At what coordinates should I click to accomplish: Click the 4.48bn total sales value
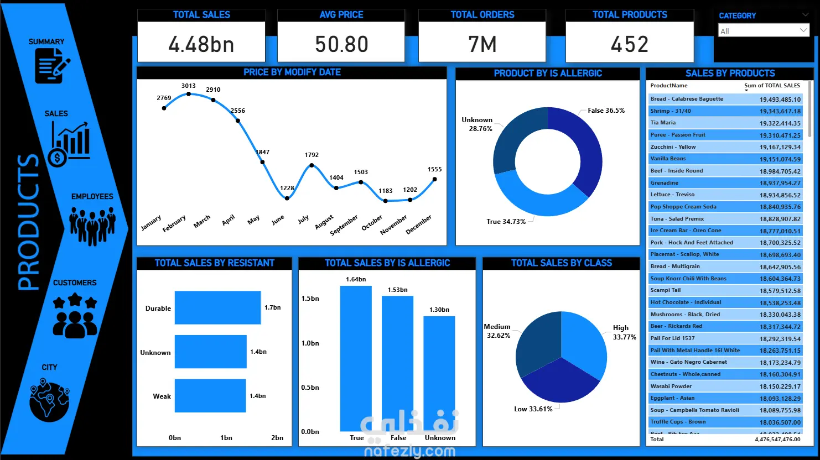point(201,44)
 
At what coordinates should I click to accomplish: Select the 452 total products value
point(630,44)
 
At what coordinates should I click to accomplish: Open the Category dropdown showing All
point(764,31)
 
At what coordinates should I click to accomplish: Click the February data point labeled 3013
point(189,94)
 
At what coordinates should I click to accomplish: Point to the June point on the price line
point(287,198)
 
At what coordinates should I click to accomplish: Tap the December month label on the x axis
point(419,224)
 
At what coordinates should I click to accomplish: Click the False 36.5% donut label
point(606,111)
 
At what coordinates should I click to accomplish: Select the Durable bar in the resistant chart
point(217,307)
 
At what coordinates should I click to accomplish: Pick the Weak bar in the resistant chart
point(210,395)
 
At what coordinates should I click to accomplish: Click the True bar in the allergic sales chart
point(356,358)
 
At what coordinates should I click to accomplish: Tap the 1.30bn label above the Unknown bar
point(439,310)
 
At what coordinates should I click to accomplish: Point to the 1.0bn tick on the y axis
point(310,343)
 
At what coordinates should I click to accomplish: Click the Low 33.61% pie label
point(533,409)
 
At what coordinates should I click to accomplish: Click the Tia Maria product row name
point(663,123)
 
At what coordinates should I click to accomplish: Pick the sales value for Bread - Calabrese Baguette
point(780,100)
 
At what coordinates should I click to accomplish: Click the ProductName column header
point(669,86)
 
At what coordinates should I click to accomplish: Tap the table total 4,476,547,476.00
point(777,440)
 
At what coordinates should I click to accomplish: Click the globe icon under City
point(50,400)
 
